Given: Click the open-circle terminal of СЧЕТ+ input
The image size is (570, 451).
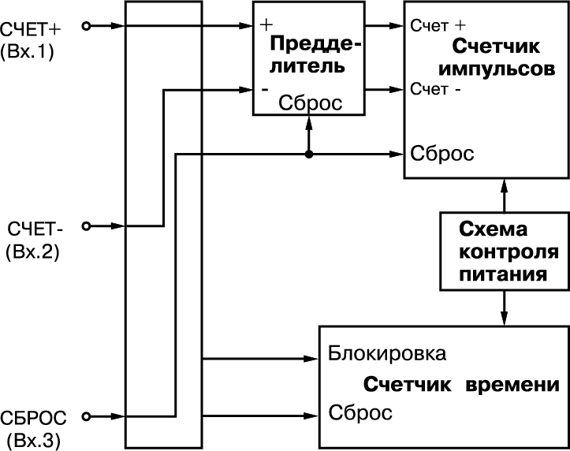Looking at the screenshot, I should (x=87, y=27).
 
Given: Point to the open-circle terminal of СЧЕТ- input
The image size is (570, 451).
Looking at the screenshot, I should (x=87, y=226).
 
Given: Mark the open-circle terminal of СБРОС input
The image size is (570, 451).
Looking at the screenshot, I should (x=87, y=416).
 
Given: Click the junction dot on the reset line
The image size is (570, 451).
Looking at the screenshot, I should (x=310, y=153).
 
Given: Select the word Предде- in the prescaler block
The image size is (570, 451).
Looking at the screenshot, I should (x=315, y=44).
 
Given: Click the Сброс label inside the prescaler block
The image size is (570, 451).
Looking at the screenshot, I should (x=312, y=103).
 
